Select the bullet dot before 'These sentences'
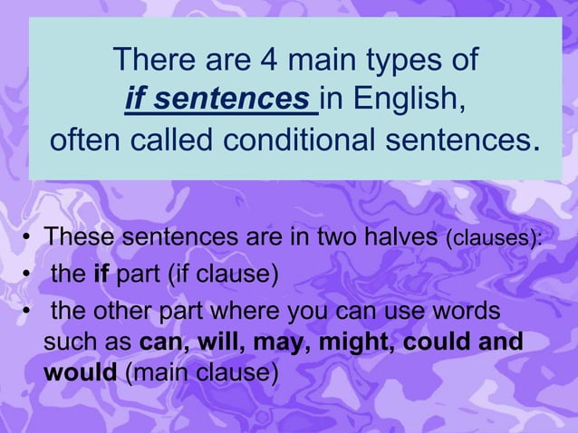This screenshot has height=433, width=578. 28,240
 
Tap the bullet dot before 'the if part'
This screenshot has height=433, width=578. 28,273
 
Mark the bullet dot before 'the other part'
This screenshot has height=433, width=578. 28,312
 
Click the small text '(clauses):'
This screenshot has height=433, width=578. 494,239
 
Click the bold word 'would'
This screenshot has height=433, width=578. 79,372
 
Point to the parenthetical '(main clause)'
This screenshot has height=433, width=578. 200,372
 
